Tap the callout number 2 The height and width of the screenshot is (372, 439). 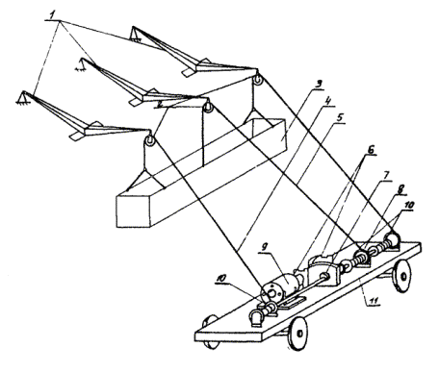tap(160, 104)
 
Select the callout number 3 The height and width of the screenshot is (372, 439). tap(318, 85)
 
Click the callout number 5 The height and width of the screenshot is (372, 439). tap(340, 117)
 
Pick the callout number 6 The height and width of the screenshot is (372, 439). tap(371, 150)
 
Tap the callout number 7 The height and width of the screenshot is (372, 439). tap(386, 176)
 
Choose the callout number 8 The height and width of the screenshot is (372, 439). tap(400, 189)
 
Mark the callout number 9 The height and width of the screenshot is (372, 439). tap(264, 247)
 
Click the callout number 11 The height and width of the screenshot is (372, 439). tap(372, 301)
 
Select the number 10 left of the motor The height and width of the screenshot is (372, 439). tap(221, 279)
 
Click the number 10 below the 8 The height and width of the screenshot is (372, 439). tap(409, 205)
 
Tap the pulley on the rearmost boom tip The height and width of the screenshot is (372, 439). tap(258, 80)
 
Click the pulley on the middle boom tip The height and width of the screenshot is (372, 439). tap(208, 108)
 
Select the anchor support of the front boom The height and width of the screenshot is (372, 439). tap(22, 97)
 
